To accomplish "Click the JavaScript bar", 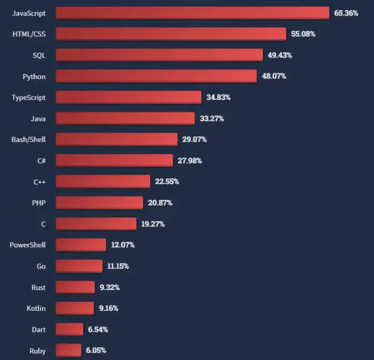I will click(x=192, y=13).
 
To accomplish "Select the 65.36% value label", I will click(x=346, y=13).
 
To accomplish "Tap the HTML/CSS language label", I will click(x=29, y=34).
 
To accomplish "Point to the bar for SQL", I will click(x=159, y=55).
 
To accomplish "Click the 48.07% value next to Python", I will click(x=274, y=76).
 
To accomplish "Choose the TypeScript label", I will click(x=29, y=97).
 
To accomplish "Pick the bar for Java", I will click(x=125, y=119).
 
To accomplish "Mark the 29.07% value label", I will click(x=194, y=139).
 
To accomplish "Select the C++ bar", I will click(x=103, y=182).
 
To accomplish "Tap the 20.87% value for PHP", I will click(x=160, y=203).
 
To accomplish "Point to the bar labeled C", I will click(x=96, y=224).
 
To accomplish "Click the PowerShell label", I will click(x=28, y=245).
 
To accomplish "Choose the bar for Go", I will click(x=79, y=266).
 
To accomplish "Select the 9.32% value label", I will click(x=110, y=287).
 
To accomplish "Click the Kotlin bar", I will click(x=75, y=308).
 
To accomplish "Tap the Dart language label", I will click(x=38, y=330).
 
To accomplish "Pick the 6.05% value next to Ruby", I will click(x=96, y=350).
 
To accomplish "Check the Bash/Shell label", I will click(x=28, y=139).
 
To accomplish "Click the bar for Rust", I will click(x=75, y=287).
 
